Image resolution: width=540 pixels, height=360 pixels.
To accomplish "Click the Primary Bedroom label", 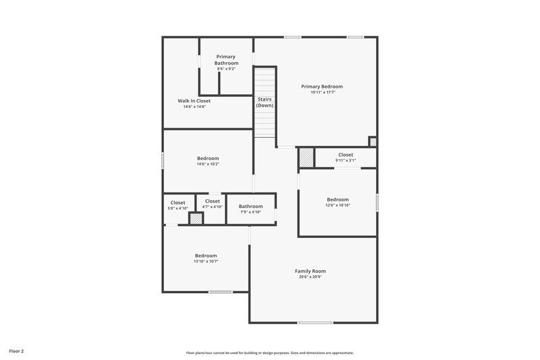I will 321,86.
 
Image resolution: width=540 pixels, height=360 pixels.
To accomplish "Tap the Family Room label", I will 310,271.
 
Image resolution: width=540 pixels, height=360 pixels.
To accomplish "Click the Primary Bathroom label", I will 226,59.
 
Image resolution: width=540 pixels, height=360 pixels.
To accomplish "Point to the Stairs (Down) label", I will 265,102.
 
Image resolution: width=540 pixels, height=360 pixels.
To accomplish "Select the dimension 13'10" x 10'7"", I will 206,261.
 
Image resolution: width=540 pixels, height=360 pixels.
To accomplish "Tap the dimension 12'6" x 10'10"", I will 337,205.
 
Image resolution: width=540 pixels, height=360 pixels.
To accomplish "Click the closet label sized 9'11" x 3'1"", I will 345,155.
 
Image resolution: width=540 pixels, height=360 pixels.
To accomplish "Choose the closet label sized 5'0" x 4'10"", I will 178,202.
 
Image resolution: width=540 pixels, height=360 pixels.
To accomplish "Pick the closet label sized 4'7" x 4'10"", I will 212,201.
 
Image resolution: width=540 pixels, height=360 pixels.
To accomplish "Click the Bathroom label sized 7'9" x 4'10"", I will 250,206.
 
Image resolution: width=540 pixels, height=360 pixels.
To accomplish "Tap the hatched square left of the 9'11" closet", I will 306,157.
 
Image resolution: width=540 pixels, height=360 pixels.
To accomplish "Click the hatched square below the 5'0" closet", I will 196,219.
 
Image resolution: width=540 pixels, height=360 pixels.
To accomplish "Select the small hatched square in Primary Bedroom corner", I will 372,141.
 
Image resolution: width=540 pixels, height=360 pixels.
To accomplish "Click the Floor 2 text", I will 16,351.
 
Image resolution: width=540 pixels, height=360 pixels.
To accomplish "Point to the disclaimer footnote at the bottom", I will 269,353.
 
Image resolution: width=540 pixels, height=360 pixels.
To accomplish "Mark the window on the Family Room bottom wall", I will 315,322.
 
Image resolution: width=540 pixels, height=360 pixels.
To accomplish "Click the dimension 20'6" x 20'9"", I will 310,277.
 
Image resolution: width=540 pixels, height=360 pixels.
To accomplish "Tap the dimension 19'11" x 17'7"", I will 321,93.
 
